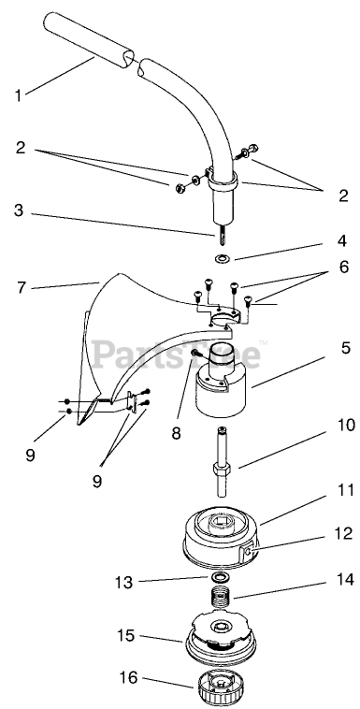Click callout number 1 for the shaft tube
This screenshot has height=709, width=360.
click(18, 95)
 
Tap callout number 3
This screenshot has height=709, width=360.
click(18, 210)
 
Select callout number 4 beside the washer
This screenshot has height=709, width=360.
click(342, 240)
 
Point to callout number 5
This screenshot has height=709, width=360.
click(345, 348)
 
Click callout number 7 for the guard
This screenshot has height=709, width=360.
click(21, 287)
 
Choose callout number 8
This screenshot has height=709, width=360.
click(176, 433)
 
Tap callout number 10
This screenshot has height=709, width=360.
click(346, 426)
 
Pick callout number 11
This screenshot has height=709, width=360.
click(346, 490)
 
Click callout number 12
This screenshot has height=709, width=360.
click(345, 533)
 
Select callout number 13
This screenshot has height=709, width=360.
click(123, 583)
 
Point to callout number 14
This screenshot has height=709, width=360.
click(345, 580)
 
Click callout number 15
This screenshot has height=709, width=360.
click(125, 635)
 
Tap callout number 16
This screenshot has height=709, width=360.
click(128, 678)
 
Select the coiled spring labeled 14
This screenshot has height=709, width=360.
click(222, 600)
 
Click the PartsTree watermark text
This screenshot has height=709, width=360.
click(177, 354)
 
